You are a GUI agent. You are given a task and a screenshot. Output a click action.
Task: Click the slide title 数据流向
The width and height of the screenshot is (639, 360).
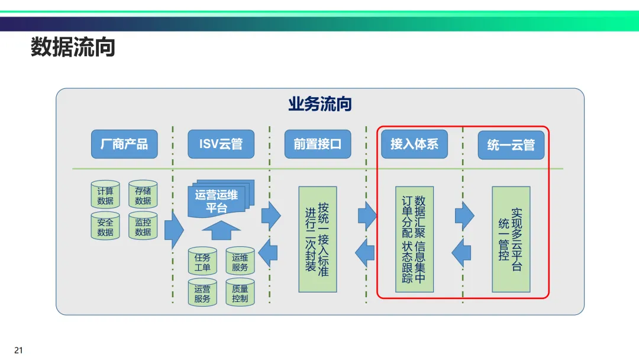tap(73, 47)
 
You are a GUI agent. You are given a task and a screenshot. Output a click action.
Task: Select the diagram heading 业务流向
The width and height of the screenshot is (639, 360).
tap(319, 105)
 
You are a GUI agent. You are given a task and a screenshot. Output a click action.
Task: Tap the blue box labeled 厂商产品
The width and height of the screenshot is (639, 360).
tap(124, 144)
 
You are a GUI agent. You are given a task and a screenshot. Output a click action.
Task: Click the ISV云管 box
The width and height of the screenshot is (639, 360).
tap(221, 144)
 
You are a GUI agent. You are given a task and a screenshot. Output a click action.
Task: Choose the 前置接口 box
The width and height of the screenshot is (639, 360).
tap(317, 144)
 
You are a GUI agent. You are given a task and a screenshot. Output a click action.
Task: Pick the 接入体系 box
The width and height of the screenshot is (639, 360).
tap(414, 144)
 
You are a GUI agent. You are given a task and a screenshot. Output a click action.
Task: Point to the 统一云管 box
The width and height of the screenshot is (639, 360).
tap(511, 144)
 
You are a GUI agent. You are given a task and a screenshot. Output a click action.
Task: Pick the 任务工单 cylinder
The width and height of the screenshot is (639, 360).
tap(202, 262)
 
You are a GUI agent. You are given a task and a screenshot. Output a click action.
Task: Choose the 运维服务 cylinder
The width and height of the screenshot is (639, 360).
tap(240, 262)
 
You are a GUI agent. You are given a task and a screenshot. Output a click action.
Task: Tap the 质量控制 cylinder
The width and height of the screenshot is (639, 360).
tap(240, 293)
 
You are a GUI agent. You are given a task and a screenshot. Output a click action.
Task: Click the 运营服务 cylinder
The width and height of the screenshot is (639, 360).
tap(202, 293)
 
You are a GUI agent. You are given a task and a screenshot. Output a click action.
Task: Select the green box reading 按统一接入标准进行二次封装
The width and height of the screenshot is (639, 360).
tap(317, 239)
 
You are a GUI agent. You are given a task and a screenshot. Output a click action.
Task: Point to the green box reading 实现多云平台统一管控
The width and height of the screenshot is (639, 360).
tap(511, 239)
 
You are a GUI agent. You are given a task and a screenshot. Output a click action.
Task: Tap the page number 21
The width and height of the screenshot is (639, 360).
tap(18, 350)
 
